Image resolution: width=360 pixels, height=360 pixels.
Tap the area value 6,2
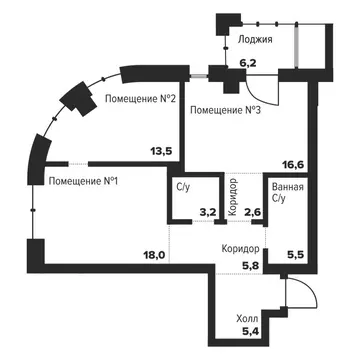tap(249, 63)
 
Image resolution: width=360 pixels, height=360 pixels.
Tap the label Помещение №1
tap(84, 181)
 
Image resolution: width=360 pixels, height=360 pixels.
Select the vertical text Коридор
tap(232, 194)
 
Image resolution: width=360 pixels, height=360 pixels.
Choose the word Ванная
tap(288, 187)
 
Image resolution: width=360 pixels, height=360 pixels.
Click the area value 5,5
tap(296, 255)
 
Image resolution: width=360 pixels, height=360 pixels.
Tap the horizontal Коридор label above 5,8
tap(241, 249)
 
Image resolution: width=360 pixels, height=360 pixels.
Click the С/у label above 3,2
tap(184, 187)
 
